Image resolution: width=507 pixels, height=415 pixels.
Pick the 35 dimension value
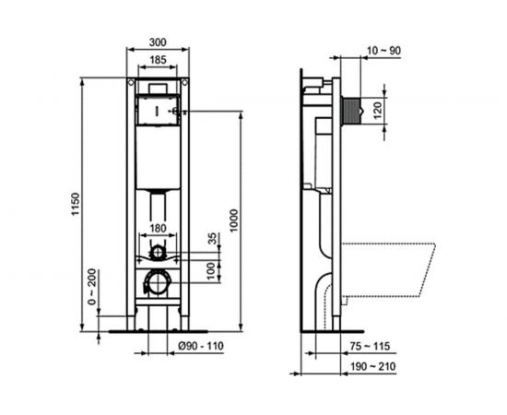[214, 241]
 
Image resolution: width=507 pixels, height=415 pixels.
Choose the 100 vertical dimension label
[214, 269]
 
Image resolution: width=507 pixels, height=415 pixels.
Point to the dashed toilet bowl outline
[387, 267]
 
